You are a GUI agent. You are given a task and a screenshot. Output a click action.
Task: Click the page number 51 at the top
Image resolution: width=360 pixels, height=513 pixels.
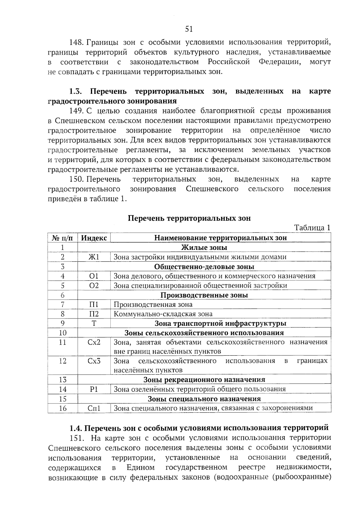point(189,29)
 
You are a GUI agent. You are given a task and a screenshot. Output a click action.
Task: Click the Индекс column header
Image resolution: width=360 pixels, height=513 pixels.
point(94,238)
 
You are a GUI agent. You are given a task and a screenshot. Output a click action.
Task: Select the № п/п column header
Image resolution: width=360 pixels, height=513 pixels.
point(62,238)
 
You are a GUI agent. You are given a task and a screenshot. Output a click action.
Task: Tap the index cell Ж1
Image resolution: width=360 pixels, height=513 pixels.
point(94,257)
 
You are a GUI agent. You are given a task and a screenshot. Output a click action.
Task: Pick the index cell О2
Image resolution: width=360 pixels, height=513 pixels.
point(94,285)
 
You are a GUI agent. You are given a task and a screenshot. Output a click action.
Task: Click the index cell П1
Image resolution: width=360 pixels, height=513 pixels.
point(94,304)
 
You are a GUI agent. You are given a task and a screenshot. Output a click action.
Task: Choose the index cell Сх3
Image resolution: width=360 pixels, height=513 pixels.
point(94,361)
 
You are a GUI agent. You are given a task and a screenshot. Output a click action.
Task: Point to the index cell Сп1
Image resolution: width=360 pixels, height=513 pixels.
point(94,408)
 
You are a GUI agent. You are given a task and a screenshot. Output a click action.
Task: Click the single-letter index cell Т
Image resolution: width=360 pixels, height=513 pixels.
point(94,323)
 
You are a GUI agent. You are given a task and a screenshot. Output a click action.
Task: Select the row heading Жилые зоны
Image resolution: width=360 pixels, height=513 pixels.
point(204,248)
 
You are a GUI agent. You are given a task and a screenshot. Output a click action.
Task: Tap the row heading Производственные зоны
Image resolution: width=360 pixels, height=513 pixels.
point(204,295)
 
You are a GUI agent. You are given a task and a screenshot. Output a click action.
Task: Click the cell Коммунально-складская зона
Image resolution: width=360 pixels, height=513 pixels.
point(163,314)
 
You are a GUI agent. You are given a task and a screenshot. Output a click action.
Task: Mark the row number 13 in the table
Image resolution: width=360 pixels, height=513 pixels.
point(62,380)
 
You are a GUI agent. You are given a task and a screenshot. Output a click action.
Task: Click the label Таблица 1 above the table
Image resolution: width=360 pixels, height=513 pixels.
point(312,228)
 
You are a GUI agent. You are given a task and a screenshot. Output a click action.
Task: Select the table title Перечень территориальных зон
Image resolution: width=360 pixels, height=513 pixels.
point(189,218)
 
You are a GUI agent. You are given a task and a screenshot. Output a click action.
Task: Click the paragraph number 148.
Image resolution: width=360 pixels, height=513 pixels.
point(76,42)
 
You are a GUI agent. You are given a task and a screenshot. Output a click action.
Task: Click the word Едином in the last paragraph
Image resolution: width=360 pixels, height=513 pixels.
point(140,467)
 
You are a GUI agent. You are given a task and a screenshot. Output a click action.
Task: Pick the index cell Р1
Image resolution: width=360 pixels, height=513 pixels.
point(94,389)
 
